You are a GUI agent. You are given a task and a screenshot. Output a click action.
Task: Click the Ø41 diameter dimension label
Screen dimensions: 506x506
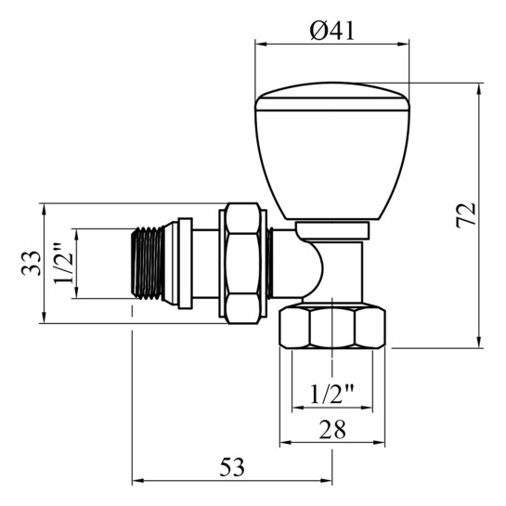(x=331, y=31)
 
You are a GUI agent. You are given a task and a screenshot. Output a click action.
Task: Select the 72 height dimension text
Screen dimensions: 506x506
(x=466, y=215)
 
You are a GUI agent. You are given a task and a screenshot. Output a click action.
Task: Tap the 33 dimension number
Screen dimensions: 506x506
(x=32, y=263)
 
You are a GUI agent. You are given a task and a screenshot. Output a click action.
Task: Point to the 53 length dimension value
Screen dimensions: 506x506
(x=232, y=467)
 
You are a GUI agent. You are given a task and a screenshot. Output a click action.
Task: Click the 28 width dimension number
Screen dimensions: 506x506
(x=332, y=430)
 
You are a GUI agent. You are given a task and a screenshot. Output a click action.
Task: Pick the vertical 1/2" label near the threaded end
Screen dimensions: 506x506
(x=63, y=264)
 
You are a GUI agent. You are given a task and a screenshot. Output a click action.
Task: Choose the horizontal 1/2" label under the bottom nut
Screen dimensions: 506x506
(x=332, y=394)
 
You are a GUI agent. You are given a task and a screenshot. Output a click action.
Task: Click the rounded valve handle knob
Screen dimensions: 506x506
(x=332, y=151)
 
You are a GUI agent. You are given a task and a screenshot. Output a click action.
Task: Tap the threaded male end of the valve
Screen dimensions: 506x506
(x=149, y=263)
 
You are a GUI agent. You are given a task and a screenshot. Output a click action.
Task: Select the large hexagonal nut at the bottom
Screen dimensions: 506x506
(x=332, y=328)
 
